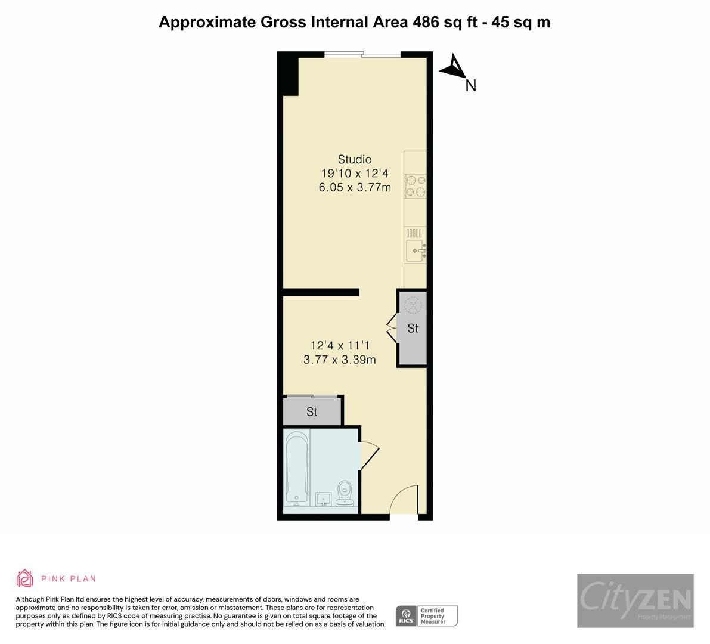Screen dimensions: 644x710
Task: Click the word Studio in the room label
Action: click(x=355, y=159)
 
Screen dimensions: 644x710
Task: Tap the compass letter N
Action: click(x=471, y=86)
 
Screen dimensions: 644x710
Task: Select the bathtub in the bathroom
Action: click(x=296, y=469)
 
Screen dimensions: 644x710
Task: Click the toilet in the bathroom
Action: click(x=345, y=494)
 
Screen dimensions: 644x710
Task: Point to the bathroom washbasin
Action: click(x=323, y=499)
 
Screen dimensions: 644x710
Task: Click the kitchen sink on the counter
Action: click(x=415, y=250)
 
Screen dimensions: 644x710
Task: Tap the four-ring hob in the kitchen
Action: click(x=416, y=185)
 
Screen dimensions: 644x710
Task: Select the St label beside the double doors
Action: click(x=413, y=329)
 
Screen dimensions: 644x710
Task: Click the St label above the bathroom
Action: click(x=312, y=412)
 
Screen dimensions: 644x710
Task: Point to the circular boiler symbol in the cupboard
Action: click(x=413, y=305)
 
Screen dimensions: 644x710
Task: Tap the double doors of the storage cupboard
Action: click(x=392, y=328)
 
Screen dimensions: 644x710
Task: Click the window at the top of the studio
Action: click(x=362, y=55)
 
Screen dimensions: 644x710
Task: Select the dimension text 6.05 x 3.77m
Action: click(x=355, y=188)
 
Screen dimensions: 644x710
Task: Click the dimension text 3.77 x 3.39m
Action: click(x=340, y=360)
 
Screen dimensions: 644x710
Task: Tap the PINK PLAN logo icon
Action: click(x=25, y=578)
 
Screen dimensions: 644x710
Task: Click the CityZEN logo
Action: click(x=635, y=600)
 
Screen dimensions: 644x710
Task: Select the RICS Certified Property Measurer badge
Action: click(x=427, y=615)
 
